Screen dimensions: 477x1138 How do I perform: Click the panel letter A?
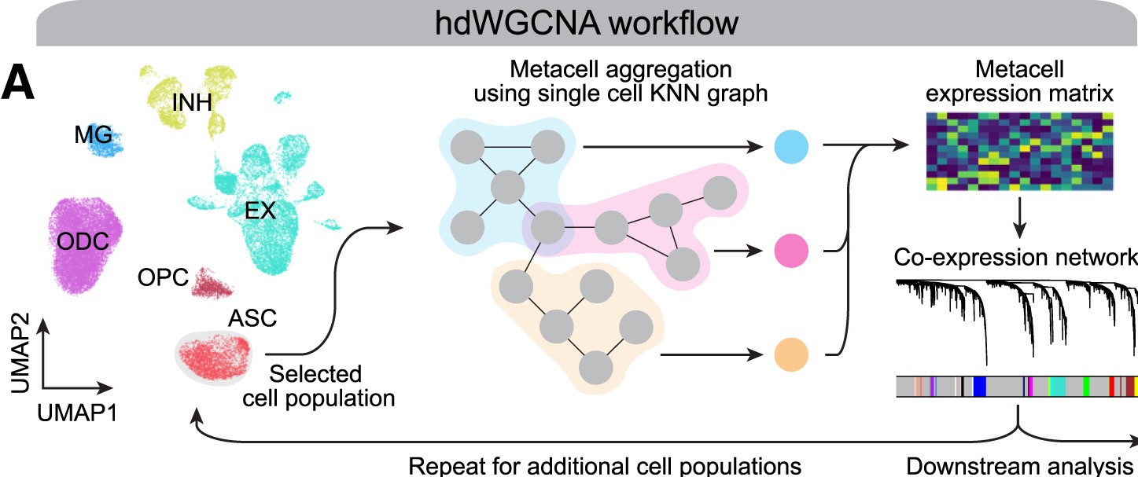tap(18, 84)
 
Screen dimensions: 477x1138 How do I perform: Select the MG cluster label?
tap(93, 135)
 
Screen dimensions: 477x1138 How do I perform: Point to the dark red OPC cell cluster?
tap(211, 282)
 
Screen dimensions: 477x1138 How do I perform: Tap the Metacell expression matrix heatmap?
tap(1019, 150)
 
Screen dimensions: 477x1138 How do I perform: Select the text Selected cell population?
tap(319, 384)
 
